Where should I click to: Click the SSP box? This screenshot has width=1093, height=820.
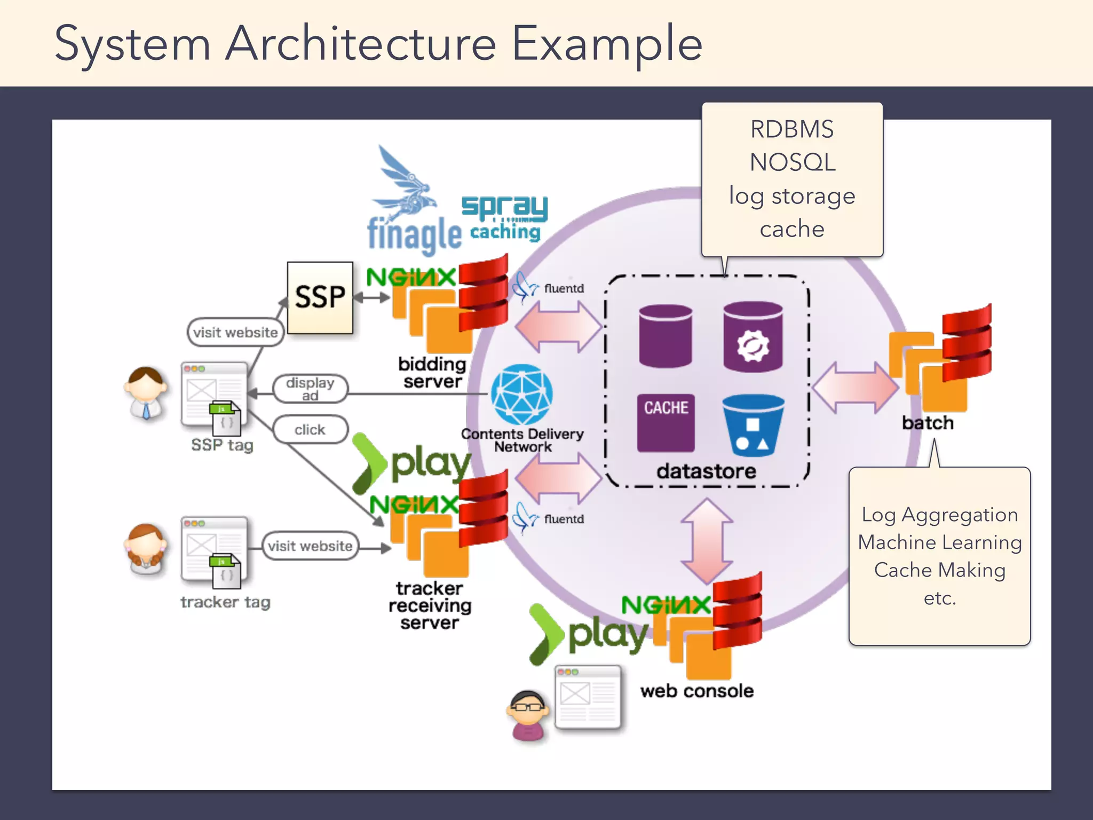(320, 297)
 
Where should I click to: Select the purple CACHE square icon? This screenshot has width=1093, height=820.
(666, 422)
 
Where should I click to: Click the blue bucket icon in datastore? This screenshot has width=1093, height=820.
(753, 425)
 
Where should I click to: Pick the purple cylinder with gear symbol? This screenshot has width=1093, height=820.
(753, 337)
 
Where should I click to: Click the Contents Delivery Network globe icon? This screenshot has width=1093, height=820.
(521, 395)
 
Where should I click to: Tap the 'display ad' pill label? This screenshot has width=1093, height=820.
(310, 389)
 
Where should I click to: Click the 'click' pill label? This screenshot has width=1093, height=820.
(310, 429)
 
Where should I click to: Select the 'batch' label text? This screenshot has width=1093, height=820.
(928, 423)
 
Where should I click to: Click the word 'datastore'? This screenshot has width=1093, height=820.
(706, 471)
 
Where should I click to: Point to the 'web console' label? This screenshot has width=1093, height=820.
(697, 691)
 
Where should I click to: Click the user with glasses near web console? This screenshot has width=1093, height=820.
(527, 716)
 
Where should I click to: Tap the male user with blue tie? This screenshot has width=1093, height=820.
(146, 392)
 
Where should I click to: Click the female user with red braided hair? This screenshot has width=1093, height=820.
(146, 549)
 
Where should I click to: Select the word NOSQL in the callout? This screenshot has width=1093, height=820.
(793, 162)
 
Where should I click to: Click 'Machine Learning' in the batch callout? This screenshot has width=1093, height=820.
(939, 542)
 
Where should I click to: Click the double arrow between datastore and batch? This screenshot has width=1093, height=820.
(855, 388)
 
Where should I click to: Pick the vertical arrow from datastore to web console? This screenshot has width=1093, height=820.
(707, 541)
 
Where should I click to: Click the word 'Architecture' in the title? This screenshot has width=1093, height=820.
(361, 44)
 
